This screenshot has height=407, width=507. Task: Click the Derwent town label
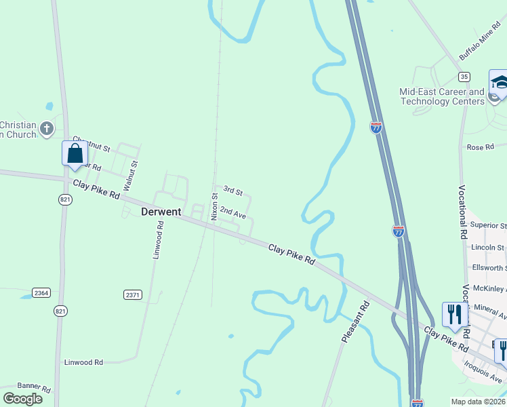click(161, 212)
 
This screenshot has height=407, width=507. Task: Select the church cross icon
click(46, 128)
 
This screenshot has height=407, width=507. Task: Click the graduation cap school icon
click(499, 83)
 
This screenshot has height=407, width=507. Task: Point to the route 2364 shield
click(41, 292)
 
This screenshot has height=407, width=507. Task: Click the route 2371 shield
click(133, 294)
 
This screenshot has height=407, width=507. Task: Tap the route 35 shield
click(464, 77)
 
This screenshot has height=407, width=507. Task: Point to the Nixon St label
click(214, 206)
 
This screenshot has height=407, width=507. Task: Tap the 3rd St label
click(232, 193)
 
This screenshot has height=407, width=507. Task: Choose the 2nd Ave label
click(232, 213)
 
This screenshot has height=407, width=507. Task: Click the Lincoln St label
click(488, 248)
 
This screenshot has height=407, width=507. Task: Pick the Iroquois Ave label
click(483, 370)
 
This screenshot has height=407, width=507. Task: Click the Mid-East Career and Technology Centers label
click(442, 96)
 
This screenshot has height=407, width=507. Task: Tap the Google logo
click(23, 399)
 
